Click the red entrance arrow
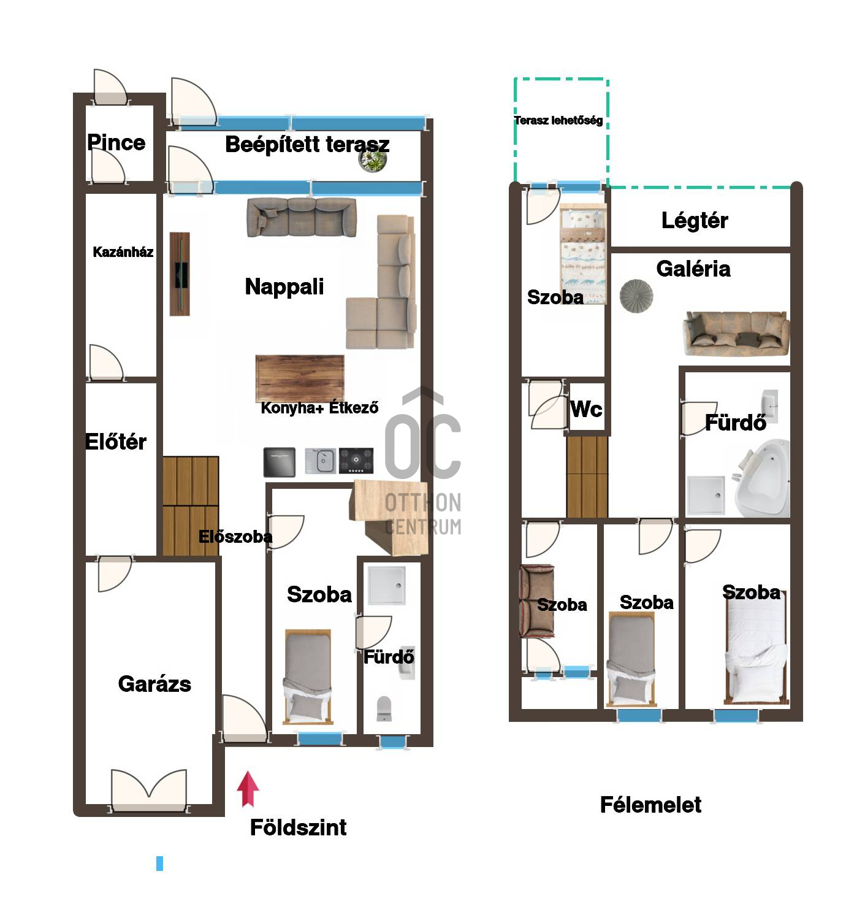click(248, 788)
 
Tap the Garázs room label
click(154, 684)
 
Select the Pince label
click(116, 142)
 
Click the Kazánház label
click(123, 252)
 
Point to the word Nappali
click(284, 286)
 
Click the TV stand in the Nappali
click(180, 274)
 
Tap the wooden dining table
click(300, 378)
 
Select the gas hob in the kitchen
click(356, 461)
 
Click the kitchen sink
click(321, 461)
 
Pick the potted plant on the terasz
click(373, 160)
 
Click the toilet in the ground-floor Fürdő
click(384, 708)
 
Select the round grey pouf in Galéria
click(636, 296)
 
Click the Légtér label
click(694, 220)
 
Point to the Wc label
click(586, 408)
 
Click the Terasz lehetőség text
click(558, 120)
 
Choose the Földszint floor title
click(298, 827)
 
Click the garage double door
click(149, 791)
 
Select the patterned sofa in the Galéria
click(736, 334)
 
